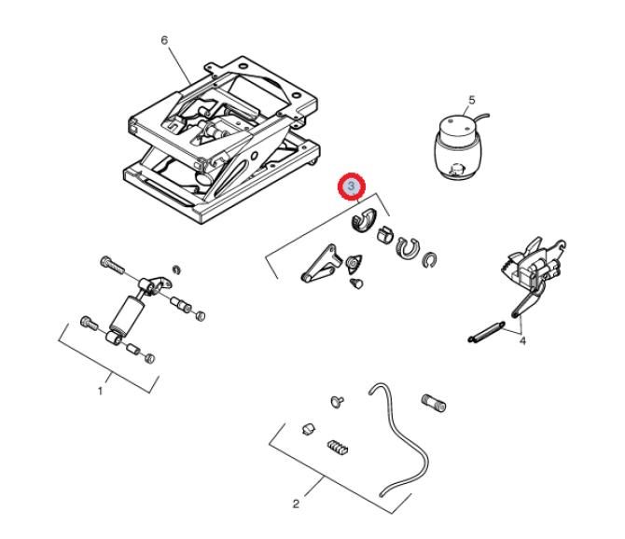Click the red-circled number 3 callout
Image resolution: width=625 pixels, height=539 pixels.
tap(351, 187)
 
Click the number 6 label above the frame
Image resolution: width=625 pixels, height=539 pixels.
tap(164, 40)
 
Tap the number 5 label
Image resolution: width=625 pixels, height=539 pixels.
tap(472, 100)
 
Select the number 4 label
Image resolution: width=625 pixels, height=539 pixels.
tap(522, 341)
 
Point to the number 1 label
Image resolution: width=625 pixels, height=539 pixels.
tap(101, 392)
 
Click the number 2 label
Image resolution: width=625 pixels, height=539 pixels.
tap(296, 504)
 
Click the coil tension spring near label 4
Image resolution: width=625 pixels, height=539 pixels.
tap(486, 331)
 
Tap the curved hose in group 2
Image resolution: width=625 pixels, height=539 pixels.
tap(398, 439)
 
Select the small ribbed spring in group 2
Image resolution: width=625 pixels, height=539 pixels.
tap(338, 448)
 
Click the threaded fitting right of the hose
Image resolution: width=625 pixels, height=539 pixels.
tap(434, 404)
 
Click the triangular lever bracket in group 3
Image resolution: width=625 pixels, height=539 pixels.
tap(321, 264)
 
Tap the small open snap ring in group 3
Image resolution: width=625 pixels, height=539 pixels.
tap(430, 260)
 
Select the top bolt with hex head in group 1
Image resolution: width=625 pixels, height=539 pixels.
tap(112, 265)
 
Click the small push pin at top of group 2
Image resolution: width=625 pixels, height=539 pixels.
tap(337, 401)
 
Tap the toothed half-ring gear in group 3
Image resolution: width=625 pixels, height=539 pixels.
tap(364, 219)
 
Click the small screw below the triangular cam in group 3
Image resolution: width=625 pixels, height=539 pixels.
tap(356, 283)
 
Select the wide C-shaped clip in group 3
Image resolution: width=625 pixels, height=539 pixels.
tap(407, 248)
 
